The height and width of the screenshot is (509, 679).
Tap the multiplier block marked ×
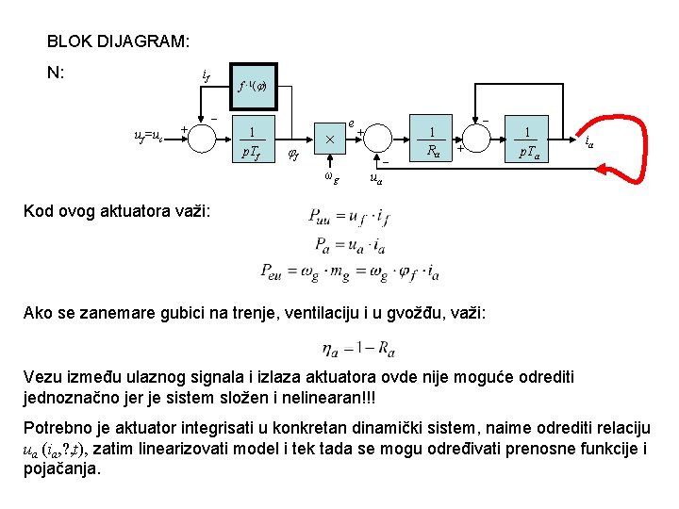(x=329, y=140)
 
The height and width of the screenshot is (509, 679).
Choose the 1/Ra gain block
(x=431, y=140)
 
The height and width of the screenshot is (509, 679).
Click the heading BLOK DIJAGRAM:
(x=118, y=42)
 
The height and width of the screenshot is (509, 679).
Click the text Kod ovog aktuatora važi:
(x=110, y=209)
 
